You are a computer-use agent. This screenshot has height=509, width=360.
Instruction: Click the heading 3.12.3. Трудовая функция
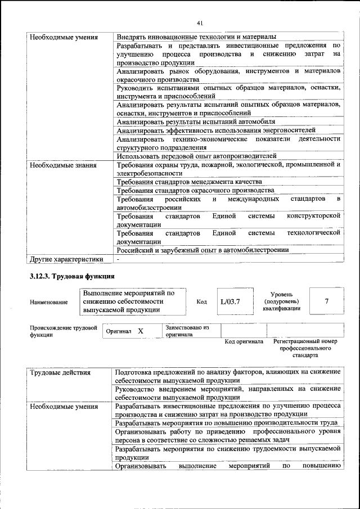[x=72, y=276]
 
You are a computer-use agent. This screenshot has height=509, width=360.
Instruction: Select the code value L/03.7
[x=230, y=301]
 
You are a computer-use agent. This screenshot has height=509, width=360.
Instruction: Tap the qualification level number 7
[x=326, y=301]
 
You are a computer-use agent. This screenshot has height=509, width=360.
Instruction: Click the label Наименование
[x=49, y=302]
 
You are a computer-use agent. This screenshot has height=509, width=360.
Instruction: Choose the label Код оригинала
[x=244, y=341]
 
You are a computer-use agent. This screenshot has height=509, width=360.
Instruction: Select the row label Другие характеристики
[x=66, y=259]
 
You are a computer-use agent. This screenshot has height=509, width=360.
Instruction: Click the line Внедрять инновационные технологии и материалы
[x=196, y=37]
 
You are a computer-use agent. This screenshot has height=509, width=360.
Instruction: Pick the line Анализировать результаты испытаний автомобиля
[x=196, y=121]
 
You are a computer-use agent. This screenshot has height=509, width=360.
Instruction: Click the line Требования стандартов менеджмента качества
[x=189, y=182]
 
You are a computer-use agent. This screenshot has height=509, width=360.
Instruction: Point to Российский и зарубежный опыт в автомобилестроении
[x=202, y=250]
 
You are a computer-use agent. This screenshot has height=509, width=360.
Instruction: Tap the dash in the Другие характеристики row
[x=118, y=259]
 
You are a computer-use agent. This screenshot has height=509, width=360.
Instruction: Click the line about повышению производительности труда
[x=226, y=422]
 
